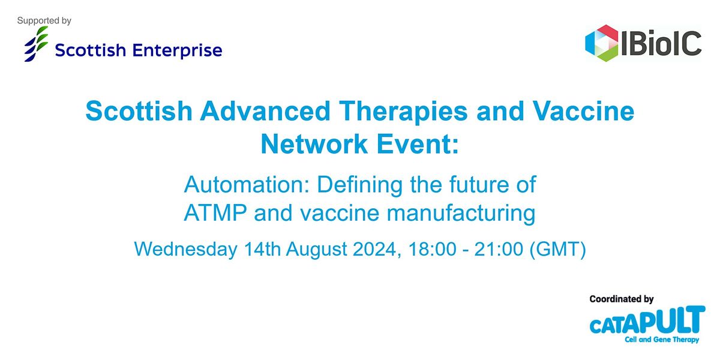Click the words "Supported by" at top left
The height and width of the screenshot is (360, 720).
pos(44,21)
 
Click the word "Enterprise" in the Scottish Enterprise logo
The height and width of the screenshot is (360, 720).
pos(178,50)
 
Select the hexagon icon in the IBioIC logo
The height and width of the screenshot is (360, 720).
pos(602,43)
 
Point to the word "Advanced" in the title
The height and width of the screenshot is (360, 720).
pos(259,112)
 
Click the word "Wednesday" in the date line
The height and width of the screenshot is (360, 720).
pos(185,248)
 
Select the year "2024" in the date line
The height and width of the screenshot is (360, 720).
pos(368,248)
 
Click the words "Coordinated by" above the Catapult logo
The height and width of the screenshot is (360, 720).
pos(621,299)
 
